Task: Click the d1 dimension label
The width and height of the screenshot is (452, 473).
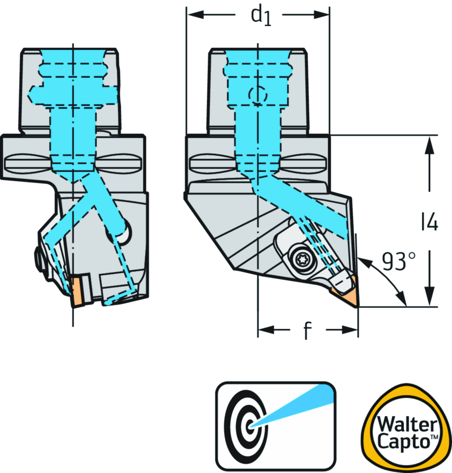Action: [x=260, y=16]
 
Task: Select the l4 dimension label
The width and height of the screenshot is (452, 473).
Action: [x=429, y=223]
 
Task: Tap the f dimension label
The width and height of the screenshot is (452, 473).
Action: [x=307, y=331]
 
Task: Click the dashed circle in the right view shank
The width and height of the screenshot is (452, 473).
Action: [x=257, y=95]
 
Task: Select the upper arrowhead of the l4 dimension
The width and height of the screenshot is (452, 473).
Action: [x=427, y=144]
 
